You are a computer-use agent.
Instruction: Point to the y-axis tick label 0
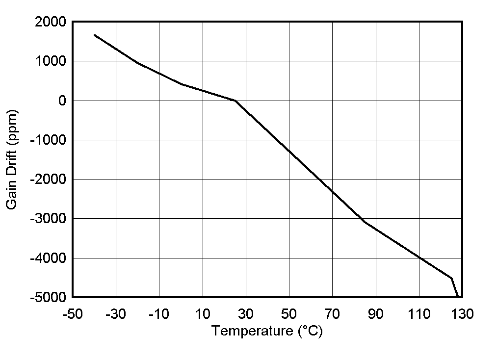61,101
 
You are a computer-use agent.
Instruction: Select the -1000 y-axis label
48,140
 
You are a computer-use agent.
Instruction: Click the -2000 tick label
48,179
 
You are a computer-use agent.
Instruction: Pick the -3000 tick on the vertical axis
48,218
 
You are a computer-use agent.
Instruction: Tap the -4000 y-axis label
48,258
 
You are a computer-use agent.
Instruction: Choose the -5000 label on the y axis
48,297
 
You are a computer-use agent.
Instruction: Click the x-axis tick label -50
73,314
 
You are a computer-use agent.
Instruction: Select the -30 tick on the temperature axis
116,314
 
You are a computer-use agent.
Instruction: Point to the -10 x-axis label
159,314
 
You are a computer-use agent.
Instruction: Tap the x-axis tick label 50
289,314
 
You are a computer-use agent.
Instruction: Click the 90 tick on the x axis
376,314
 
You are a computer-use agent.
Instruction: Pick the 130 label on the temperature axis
462,314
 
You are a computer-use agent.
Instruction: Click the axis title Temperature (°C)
267,332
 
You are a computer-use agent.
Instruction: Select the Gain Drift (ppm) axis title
13,159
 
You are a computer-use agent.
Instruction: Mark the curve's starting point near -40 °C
95,35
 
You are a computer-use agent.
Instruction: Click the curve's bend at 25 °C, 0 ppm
235,101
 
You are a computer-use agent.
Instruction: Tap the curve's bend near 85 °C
365,222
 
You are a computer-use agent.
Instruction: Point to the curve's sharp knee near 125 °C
451,278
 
